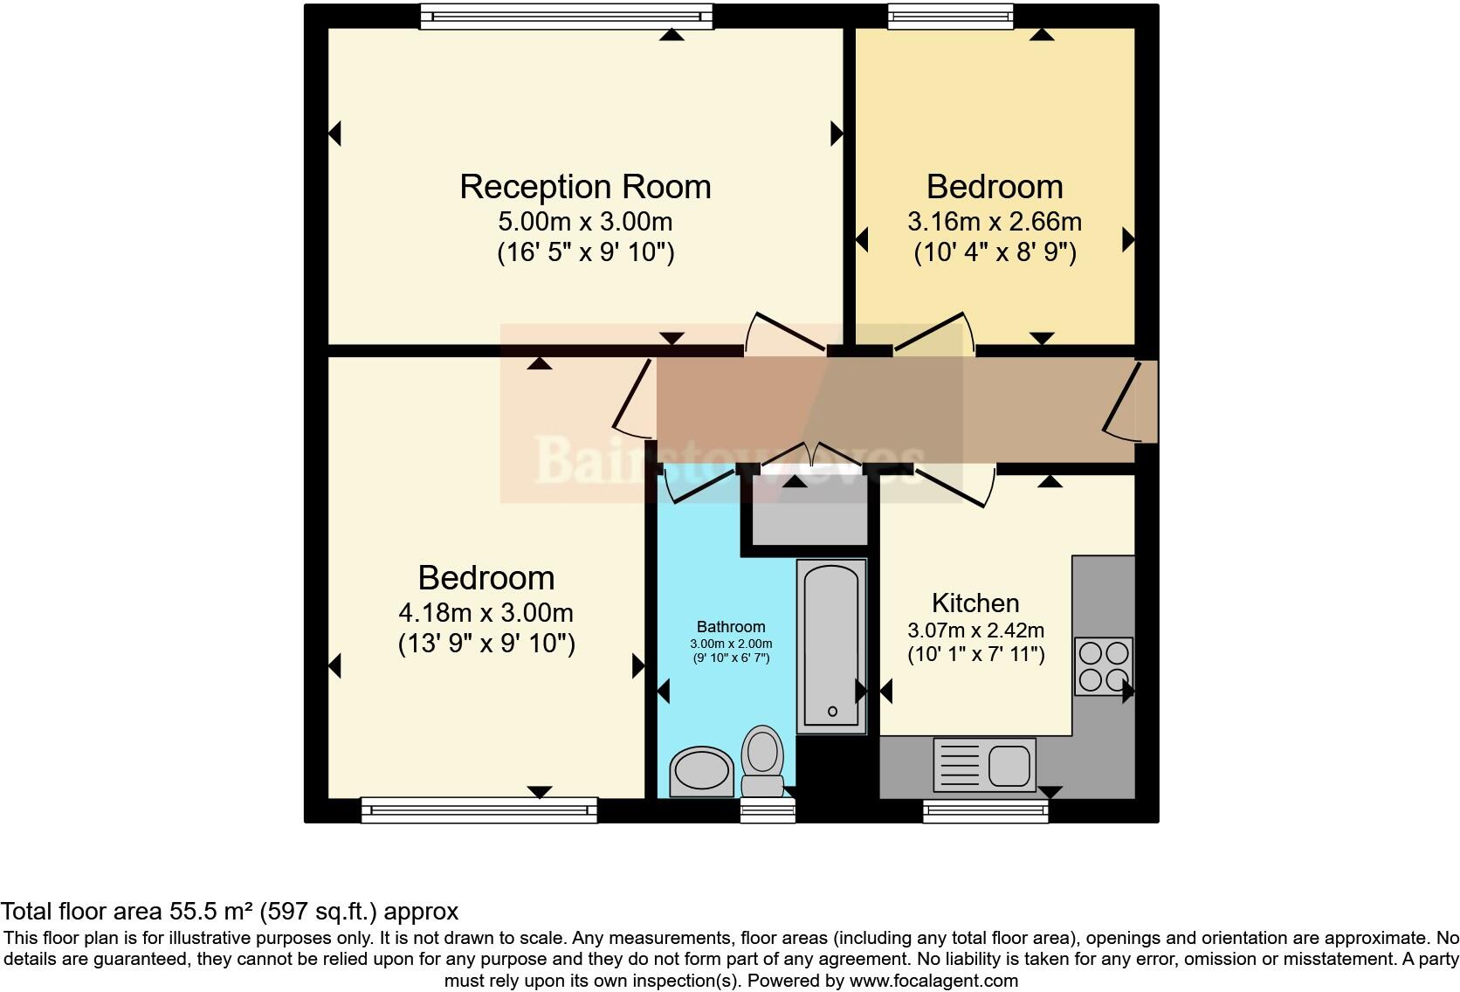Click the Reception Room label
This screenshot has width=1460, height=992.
(x=585, y=187)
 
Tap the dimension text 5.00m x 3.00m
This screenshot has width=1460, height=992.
(x=585, y=221)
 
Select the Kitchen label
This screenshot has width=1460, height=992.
(x=975, y=603)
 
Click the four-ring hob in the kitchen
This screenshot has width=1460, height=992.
(x=1104, y=666)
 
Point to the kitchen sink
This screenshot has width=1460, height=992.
(x=985, y=765)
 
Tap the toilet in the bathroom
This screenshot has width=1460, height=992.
(x=763, y=761)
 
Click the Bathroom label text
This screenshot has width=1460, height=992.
(x=731, y=627)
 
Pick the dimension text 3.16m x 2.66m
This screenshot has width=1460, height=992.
(x=995, y=221)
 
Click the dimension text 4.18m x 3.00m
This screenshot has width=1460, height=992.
(x=486, y=612)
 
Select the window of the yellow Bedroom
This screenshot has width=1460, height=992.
(x=951, y=16)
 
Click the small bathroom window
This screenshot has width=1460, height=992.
(x=768, y=811)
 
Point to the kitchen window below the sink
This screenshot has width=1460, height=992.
(x=986, y=811)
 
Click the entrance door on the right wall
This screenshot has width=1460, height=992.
(x=1135, y=402)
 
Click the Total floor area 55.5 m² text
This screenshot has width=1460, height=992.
(x=229, y=912)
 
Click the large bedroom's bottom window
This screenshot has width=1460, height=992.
(x=479, y=810)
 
